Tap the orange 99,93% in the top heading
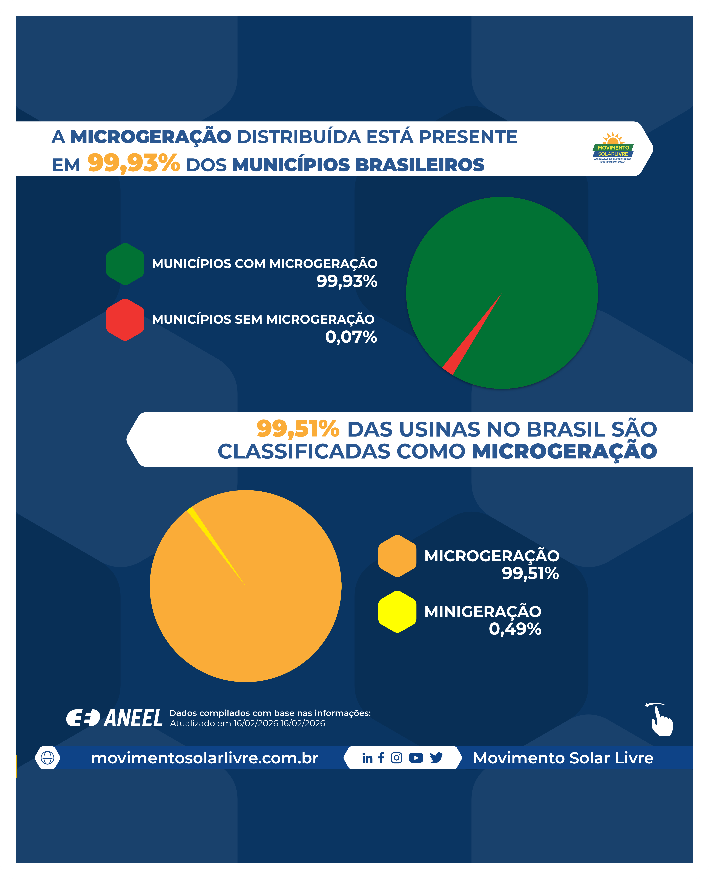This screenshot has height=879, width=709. (x=134, y=163)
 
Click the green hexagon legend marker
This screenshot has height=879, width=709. (x=125, y=264)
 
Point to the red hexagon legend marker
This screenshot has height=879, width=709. (x=125, y=320)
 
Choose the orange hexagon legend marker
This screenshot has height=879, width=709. (x=397, y=556)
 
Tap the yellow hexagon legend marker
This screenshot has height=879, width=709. (x=397, y=612)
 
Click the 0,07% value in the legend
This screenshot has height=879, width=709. (x=351, y=337)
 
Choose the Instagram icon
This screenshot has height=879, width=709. (x=396, y=758)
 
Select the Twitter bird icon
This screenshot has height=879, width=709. (x=436, y=758)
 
